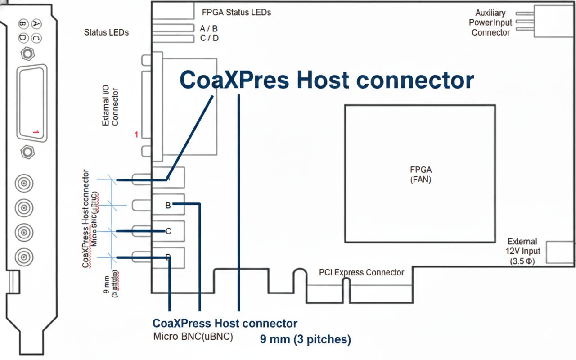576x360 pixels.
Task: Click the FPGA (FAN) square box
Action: (x=420, y=174)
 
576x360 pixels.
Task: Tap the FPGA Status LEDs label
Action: (x=237, y=12)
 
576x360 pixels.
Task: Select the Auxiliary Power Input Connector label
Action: (x=490, y=22)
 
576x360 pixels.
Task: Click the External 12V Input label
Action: (x=522, y=251)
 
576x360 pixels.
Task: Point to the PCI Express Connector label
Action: (x=361, y=272)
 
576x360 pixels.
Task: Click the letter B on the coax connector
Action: (x=168, y=206)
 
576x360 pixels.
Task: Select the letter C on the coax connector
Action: (x=168, y=231)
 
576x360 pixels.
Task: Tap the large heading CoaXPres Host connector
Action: (x=327, y=80)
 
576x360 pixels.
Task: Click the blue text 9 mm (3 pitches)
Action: (x=306, y=339)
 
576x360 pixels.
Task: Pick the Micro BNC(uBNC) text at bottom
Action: (x=193, y=336)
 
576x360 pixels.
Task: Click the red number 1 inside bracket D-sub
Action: (x=36, y=132)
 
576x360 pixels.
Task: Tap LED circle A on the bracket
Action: (x=36, y=23)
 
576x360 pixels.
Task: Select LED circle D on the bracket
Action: (x=22, y=39)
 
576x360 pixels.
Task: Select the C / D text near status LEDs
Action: (x=209, y=38)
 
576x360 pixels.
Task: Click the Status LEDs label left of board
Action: (x=106, y=32)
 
